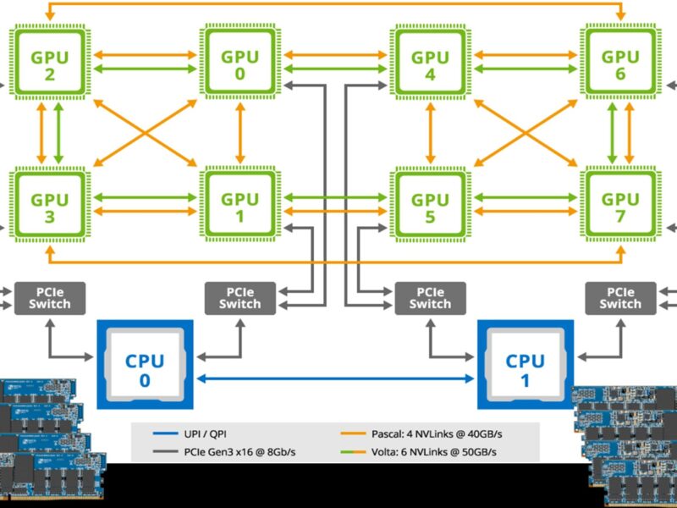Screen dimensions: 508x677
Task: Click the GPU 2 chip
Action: (50, 65)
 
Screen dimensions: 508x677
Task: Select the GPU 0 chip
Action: (239, 65)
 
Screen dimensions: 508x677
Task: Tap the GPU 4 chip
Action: (430, 65)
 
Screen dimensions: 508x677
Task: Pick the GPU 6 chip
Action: (620, 65)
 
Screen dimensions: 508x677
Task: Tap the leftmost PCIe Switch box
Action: (50, 297)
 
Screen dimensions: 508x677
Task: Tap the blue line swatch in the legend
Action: (163, 433)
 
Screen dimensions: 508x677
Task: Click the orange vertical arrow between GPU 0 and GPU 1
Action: (239, 136)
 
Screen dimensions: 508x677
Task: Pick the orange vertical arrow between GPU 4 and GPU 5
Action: (430, 136)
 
